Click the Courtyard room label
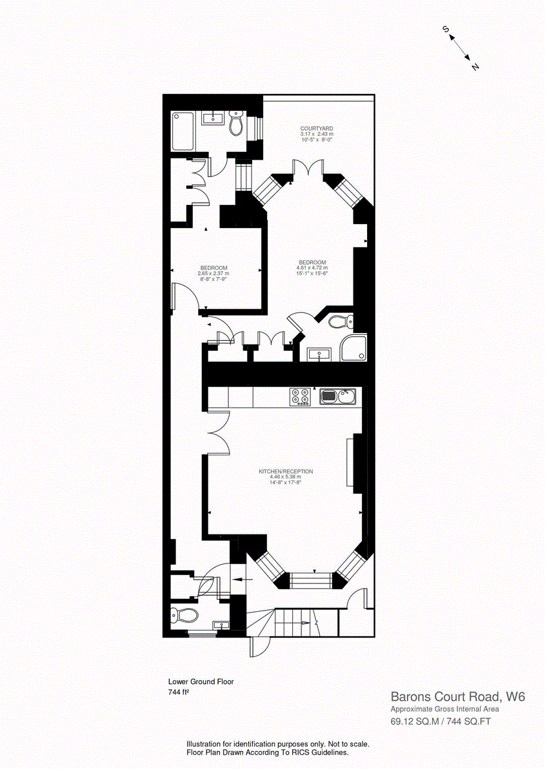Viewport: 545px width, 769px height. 316,128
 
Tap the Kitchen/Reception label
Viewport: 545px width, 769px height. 286,471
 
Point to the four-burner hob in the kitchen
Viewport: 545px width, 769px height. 299,397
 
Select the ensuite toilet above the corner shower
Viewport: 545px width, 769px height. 339,321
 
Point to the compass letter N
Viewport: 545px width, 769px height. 475,67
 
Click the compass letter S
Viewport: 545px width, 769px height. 445,29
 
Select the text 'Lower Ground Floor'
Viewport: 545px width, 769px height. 201,681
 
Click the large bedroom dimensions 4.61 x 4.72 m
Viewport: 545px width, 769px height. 312,268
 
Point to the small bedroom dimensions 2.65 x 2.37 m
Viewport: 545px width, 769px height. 213,274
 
